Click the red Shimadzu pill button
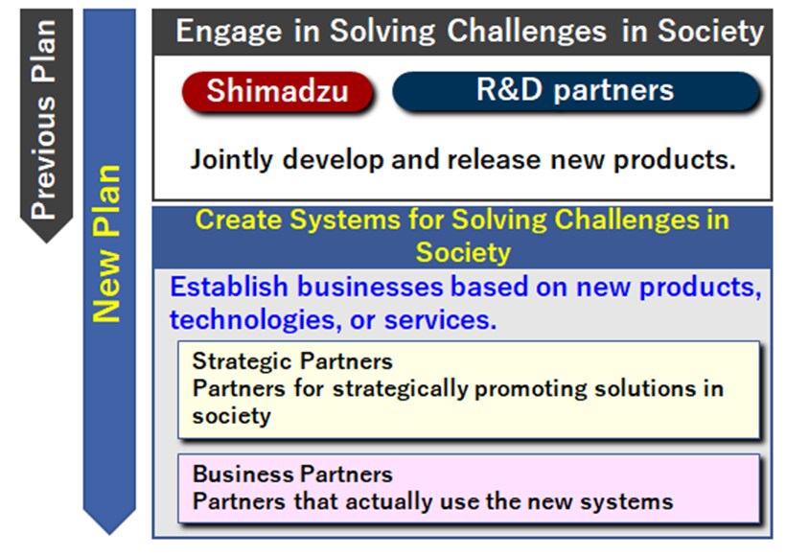click(x=276, y=91)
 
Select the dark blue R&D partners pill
click(x=575, y=91)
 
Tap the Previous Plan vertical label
click(x=43, y=117)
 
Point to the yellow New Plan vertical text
click(x=106, y=243)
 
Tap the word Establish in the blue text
click(x=229, y=287)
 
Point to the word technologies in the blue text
click(x=253, y=320)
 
